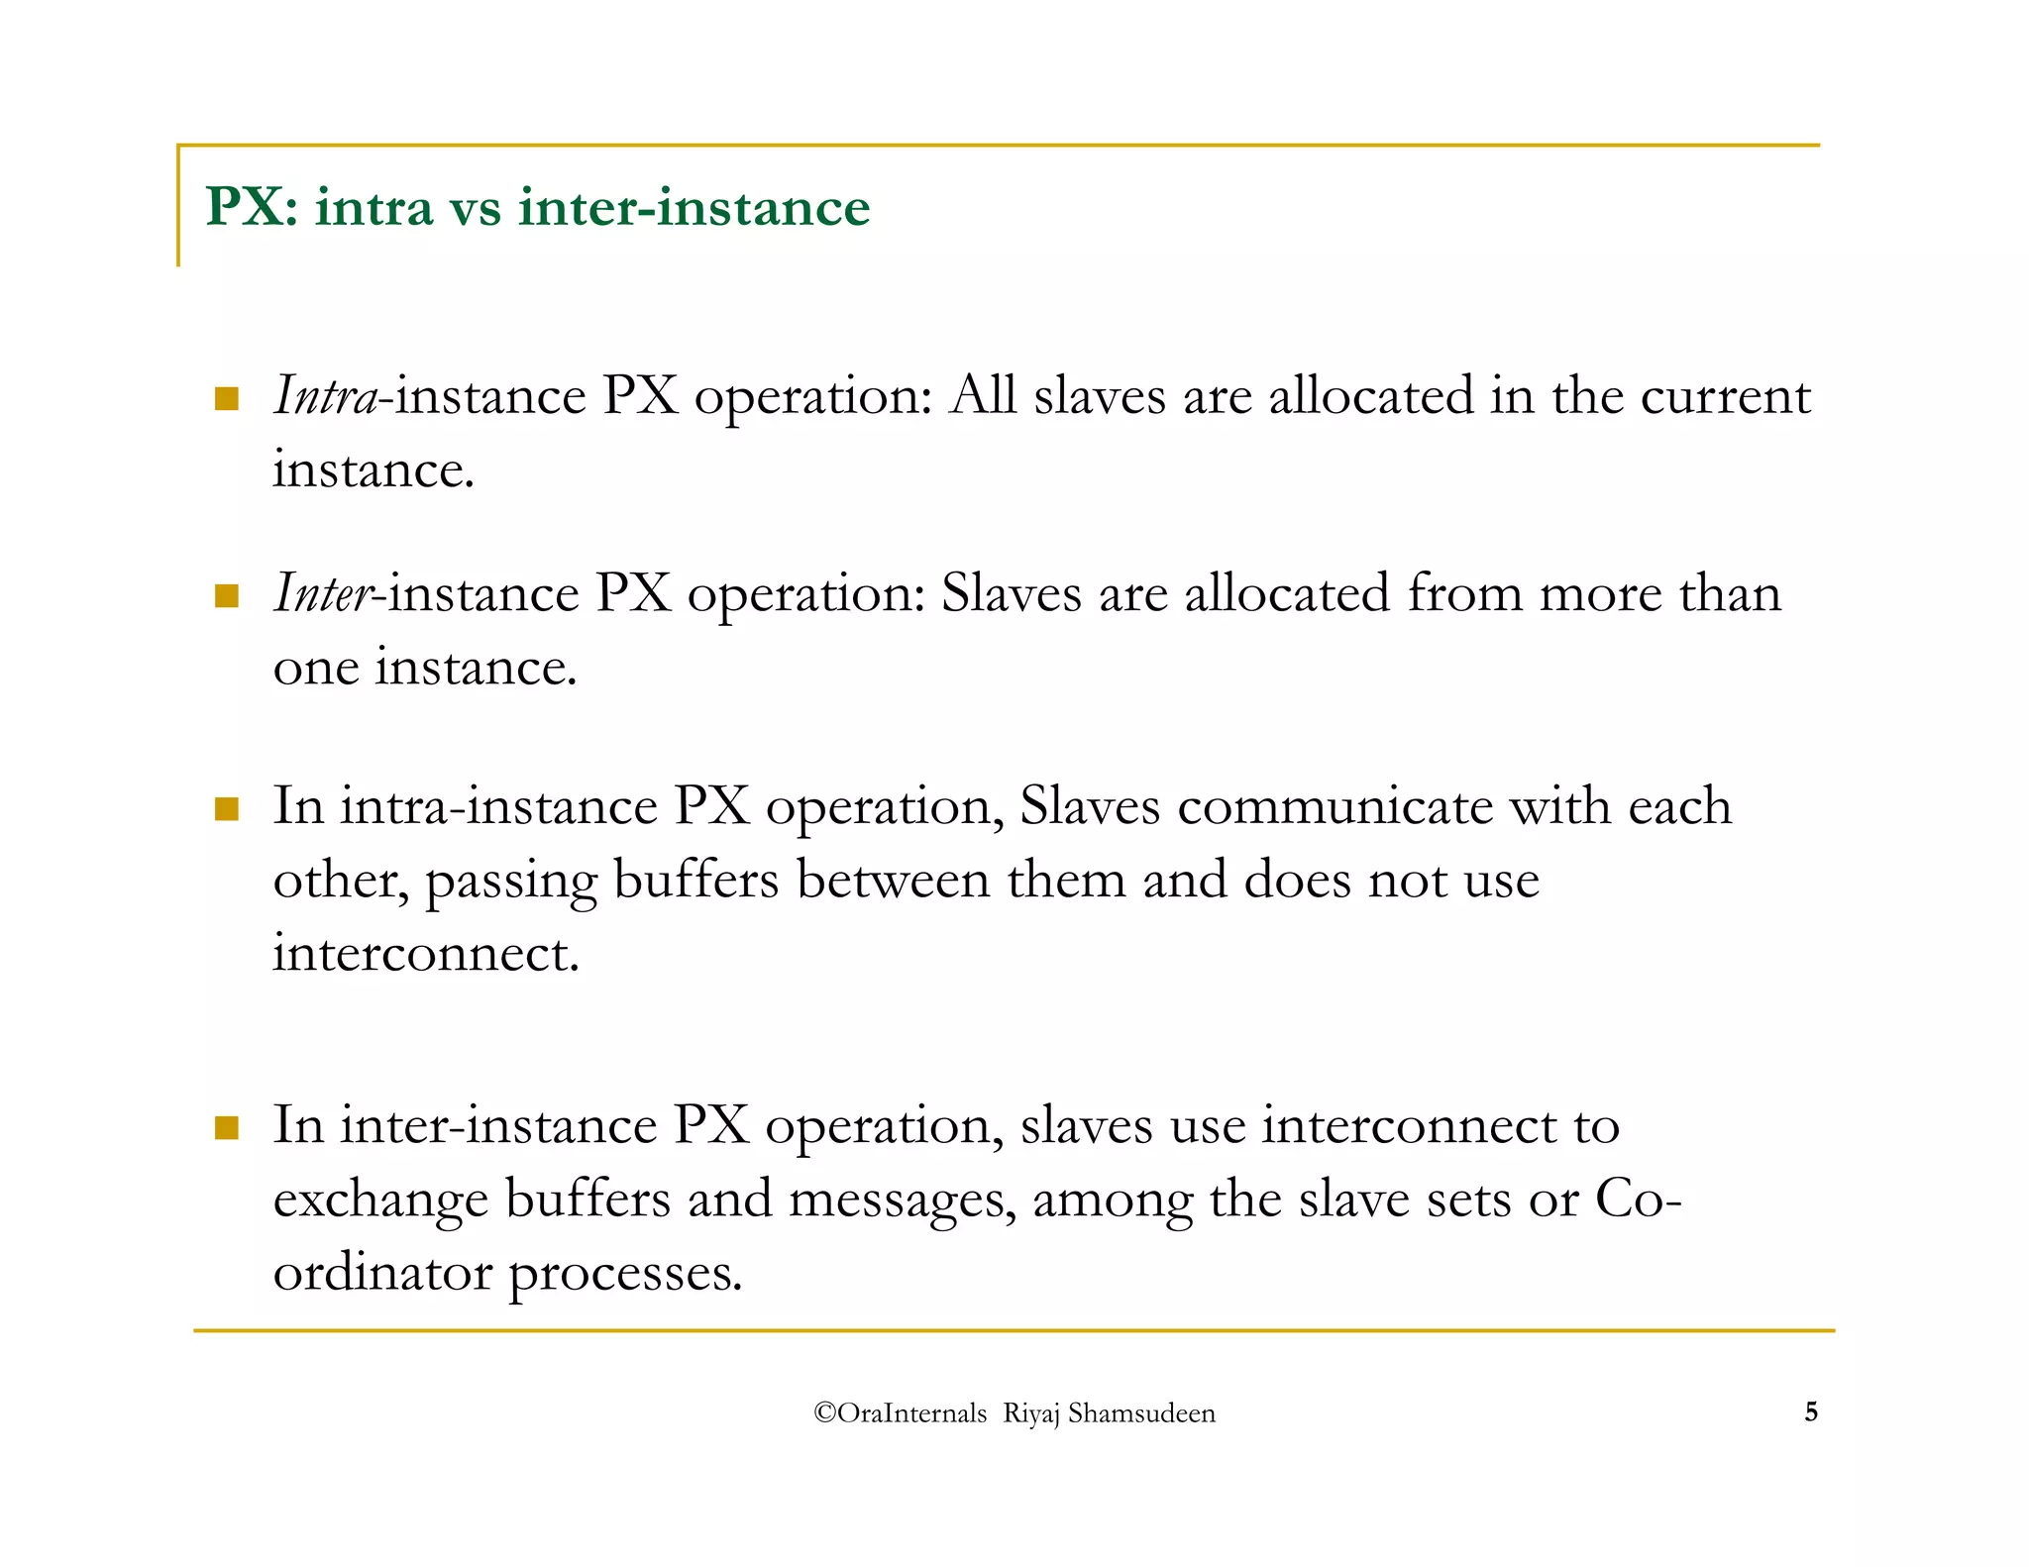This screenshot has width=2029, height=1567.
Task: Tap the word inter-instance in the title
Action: [694, 207]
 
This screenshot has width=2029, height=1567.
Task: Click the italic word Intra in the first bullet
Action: [325, 396]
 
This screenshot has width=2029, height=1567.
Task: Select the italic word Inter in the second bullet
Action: [323, 593]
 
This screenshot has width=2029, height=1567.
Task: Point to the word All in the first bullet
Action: [983, 396]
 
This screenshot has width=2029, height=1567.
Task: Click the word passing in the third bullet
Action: [511, 881]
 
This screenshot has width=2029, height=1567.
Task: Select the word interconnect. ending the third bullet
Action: [425, 953]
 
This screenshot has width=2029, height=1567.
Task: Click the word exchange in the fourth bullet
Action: [380, 1200]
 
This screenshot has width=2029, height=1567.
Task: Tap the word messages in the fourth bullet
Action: [903, 1200]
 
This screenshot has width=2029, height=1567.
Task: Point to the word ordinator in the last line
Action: [382, 1273]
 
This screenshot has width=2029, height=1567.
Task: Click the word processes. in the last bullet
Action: [625, 1273]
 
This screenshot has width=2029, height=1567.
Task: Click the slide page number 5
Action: [1811, 1411]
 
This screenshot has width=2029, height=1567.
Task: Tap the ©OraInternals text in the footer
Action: [900, 1412]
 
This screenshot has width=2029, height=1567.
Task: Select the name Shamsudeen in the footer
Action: [1141, 1412]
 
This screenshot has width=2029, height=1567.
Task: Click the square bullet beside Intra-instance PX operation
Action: [227, 399]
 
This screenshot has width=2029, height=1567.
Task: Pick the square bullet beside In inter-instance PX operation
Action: [227, 1128]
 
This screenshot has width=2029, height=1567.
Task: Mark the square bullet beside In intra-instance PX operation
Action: [227, 809]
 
